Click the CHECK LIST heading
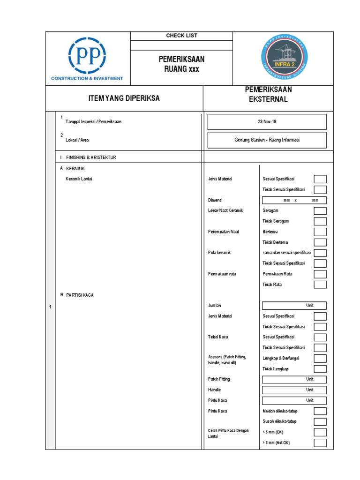click(181, 36)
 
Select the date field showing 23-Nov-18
click(267, 121)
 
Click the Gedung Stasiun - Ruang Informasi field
click(267, 140)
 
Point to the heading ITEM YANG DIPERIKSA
click(124, 98)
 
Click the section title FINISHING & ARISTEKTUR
click(91, 157)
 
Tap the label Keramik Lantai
click(79, 179)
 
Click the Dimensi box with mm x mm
click(294, 200)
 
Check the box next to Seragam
click(320, 210)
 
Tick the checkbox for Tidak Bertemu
click(320, 242)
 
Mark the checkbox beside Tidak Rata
click(320, 285)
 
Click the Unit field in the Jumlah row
click(294, 306)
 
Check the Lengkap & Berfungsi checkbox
click(320, 358)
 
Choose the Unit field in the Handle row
click(294, 390)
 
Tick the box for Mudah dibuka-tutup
click(320, 411)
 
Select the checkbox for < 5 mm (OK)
click(320, 432)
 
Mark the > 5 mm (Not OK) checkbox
click(320, 443)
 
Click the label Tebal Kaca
click(217, 337)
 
